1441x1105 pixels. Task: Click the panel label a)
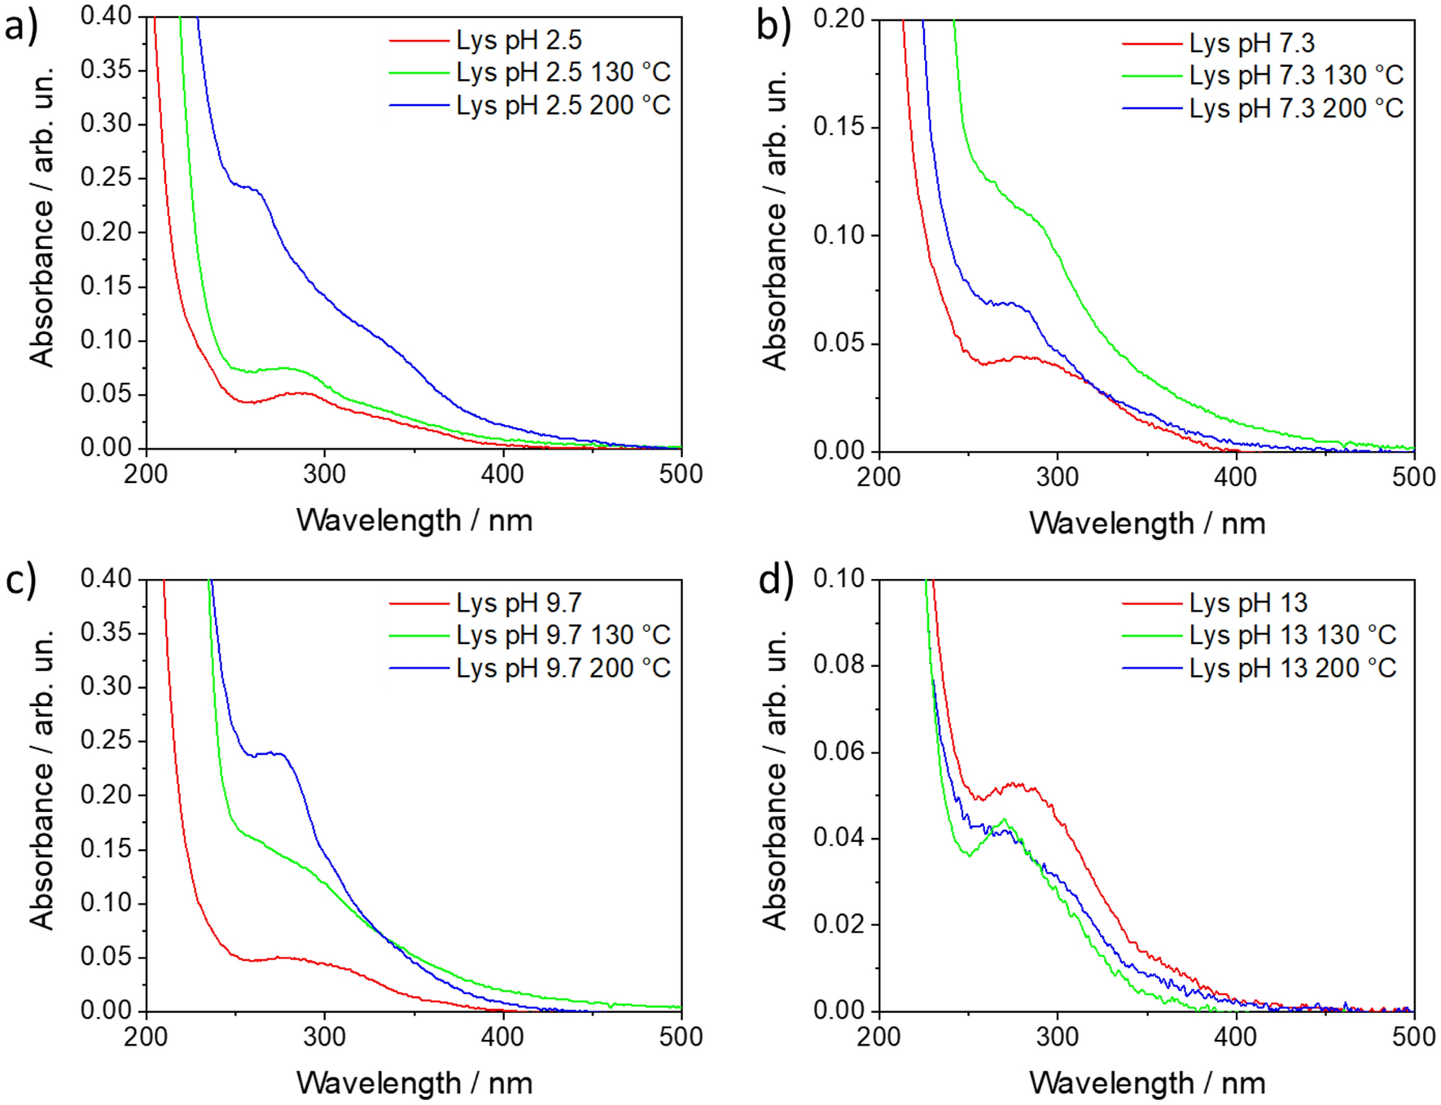click(21, 26)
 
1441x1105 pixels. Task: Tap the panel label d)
click(775, 580)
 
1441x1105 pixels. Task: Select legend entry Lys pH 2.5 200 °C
click(563, 105)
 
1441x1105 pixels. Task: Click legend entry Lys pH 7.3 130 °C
click(1295, 75)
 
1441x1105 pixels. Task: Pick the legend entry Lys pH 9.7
click(519, 603)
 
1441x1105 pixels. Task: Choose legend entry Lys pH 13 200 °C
click(1292, 668)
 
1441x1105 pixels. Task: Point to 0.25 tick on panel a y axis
click(106, 178)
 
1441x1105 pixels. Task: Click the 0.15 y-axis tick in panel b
click(839, 127)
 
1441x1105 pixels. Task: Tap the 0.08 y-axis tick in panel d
click(839, 665)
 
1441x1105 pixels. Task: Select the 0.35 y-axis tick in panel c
click(106, 633)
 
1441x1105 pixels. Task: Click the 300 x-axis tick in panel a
click(324, 474)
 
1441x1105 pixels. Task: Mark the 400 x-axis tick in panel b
click(1236, 477)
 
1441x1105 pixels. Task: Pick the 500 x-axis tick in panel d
click(1413, 1037)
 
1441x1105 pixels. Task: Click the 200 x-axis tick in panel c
click(147, 1037)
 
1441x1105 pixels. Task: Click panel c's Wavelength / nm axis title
click(414, 1083)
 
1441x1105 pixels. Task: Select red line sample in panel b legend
click(1151, 43)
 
